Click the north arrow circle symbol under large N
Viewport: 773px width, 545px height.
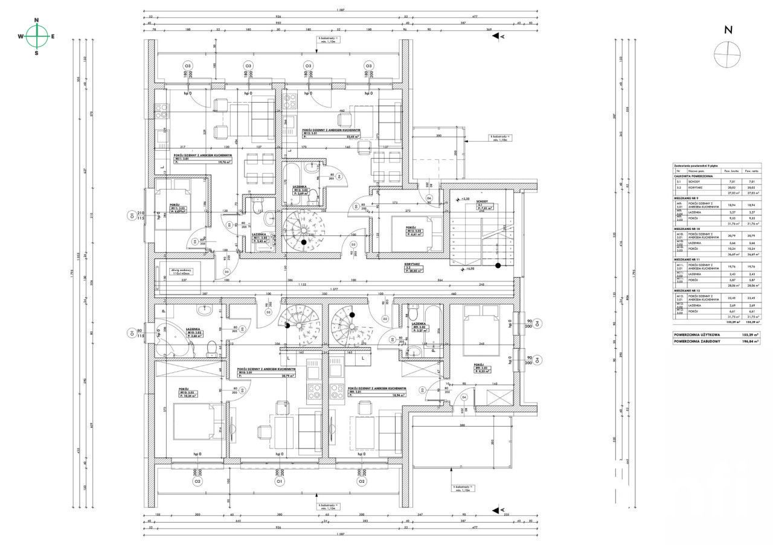pyautogui.click(x=727, y=55)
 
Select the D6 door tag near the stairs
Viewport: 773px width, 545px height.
pyautogui.click(x=429, y=198)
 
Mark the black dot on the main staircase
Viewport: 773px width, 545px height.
pyautogui.click(x=498, y=265)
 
